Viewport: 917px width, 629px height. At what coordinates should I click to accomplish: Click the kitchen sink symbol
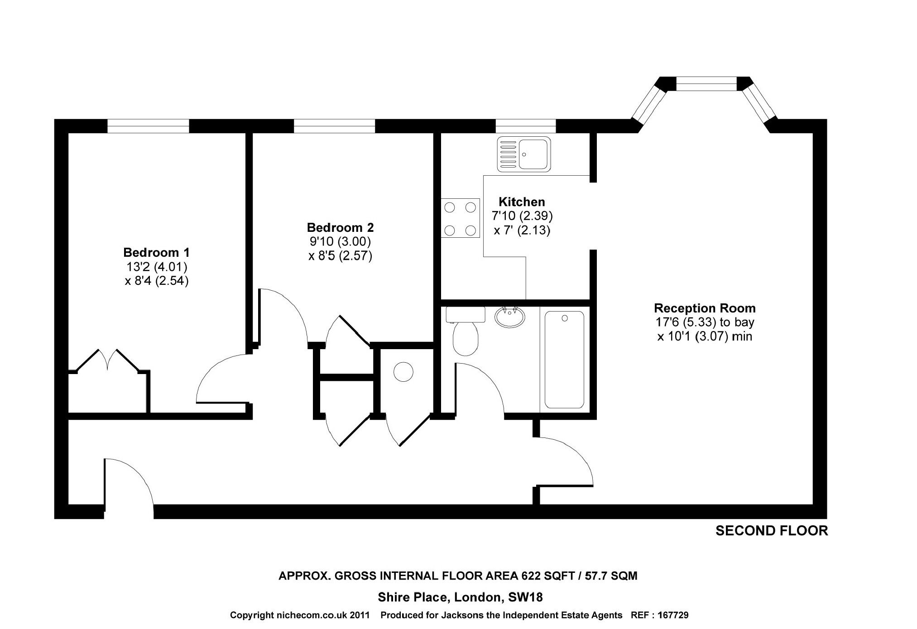[x=524, y=154]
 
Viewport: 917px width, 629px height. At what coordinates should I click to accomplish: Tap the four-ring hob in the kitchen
[x=460, y=218]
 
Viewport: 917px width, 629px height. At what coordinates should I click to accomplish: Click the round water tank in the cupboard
[x=403, y=372]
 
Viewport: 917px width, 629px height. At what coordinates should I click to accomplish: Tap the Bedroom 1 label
[x=156, y=252]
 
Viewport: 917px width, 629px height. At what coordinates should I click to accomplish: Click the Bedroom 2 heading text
[x=340, y=227]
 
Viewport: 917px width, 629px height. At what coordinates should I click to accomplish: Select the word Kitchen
[x=522, y=202]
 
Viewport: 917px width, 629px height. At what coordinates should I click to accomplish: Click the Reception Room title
[x=705, y=308]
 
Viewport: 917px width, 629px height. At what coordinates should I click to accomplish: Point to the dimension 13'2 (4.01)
[x=156, y=266]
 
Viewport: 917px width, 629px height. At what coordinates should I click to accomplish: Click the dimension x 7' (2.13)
[x=522, y=230]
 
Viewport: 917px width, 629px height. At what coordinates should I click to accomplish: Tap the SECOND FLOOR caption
[x=771, y=531]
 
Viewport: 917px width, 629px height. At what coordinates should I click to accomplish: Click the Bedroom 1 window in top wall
[x=148, y=126]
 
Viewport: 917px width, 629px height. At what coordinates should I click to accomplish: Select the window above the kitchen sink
[x=525, y=126]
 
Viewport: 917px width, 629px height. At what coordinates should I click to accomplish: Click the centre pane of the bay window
[x=706, y=84]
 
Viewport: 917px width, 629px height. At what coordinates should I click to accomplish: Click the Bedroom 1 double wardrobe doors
[x=108, y=360]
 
